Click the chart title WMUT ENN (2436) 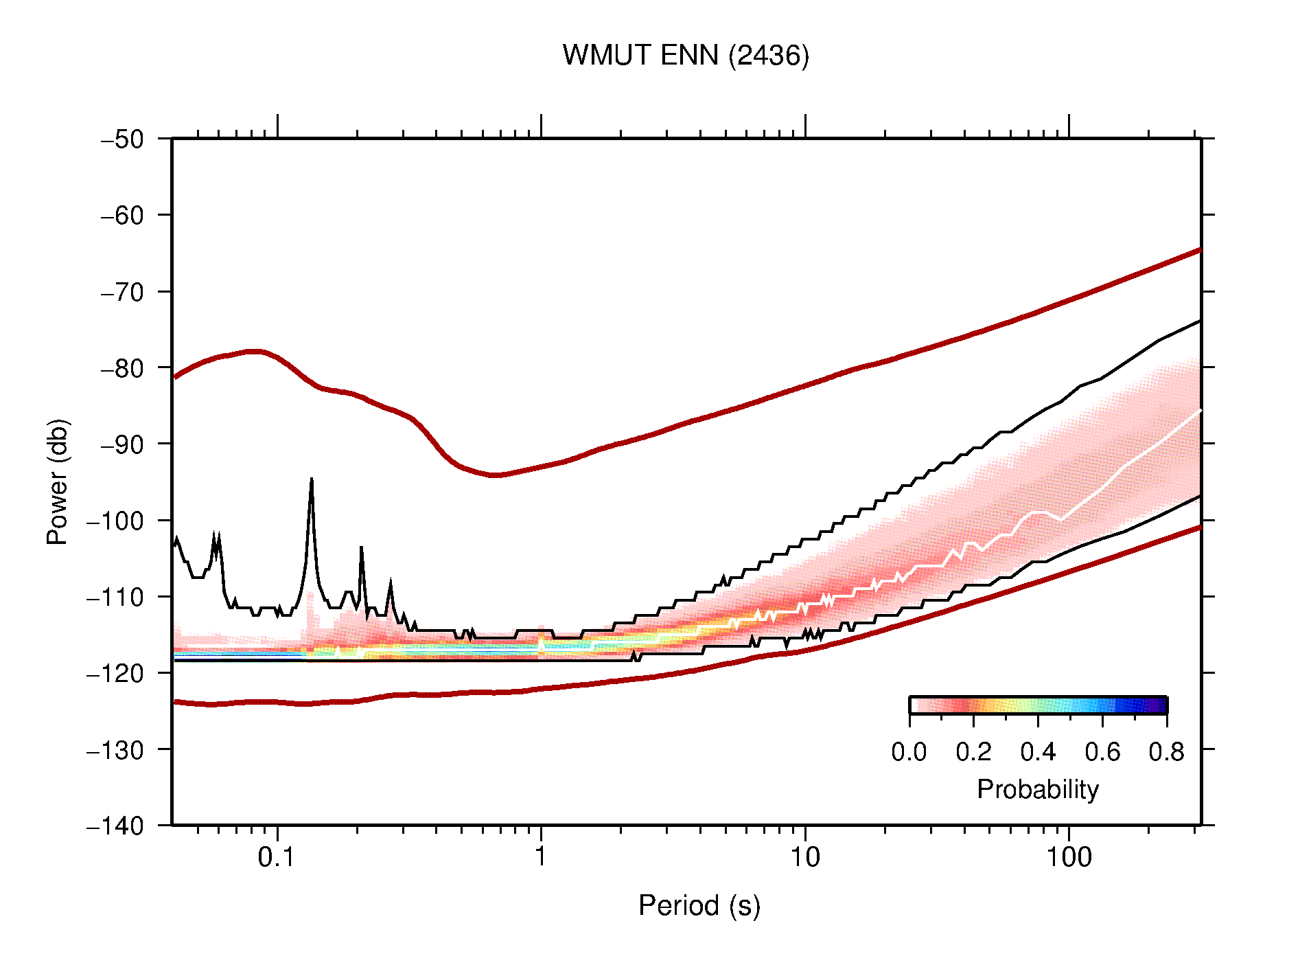click(x=686, y=56)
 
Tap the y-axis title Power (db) click(x=58, y=481)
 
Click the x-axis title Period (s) click(x=699, y=905)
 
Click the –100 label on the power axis click(x=115, y=521)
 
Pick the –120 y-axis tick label click(x=115, y=673)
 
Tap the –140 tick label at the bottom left click(x=115, y=826)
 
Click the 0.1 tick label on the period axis click(x=277, y=857)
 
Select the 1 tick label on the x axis click(x=541, y=857)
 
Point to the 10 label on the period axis click(x=804, y=857)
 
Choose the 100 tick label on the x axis click(x=1069, y=857)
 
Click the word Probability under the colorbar click(x=1037, y=789)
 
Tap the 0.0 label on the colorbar click(x=909, y=752)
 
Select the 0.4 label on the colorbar click(x=1038, y=752)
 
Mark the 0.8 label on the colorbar click(x=1166, y=752)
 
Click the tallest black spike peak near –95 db click(x=312, y=479)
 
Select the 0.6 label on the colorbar click(x=1102, y=752)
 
